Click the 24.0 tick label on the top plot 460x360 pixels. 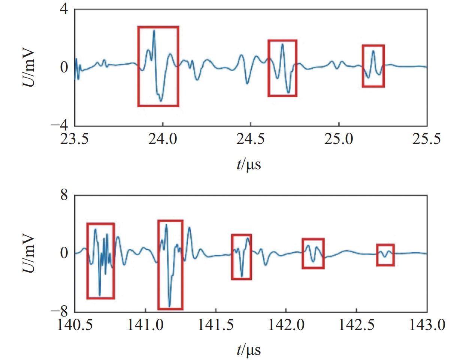coord(162,139)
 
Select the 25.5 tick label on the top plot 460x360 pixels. coord(427,139)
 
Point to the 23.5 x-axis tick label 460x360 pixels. coord(75,139)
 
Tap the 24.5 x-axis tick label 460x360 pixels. coord(250,139)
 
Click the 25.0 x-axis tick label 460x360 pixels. coord(339,139)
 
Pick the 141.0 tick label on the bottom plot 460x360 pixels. coord(145,325)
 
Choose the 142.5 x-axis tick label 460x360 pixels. coord(356,325)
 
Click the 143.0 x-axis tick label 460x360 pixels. coord(427,325)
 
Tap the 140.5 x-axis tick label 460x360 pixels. coord(75,325)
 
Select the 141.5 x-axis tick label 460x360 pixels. coord(215,325)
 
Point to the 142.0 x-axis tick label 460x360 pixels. coord(286,325)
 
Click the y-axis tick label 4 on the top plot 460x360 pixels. coord(64,9)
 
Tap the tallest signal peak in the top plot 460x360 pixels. coord(154,31)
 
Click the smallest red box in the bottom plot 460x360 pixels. coord(385,255)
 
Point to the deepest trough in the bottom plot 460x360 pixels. coord(169,306)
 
